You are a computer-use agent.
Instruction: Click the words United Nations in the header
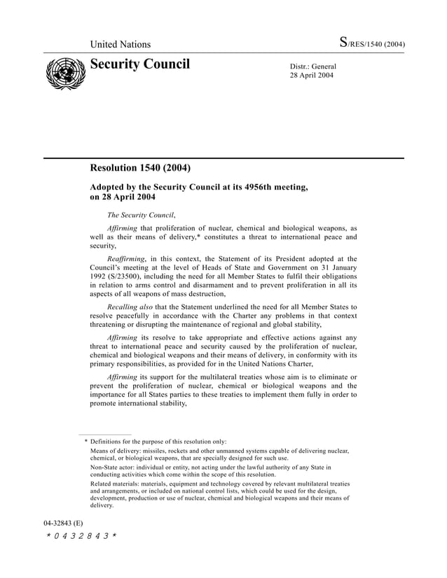[120, 45]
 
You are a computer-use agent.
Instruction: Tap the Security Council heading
[140, 65]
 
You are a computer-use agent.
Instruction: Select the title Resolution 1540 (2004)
[140, 168]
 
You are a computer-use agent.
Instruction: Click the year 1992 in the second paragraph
[99, 276]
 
